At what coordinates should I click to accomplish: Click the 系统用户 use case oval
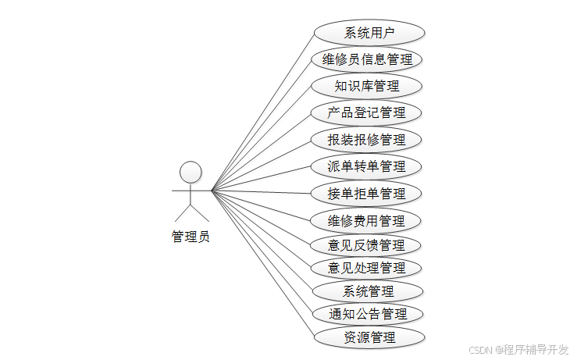pos(369,33)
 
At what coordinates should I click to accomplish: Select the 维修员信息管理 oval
pos(367,59)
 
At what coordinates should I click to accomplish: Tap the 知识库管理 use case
pos(367,86)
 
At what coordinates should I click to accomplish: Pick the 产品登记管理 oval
pos(367,112)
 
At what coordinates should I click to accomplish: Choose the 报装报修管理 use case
pos(367,140)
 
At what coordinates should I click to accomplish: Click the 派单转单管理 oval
pos(367,166)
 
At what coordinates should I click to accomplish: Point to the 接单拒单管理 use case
pos(367,193)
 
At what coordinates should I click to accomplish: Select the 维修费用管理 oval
pos(367,220)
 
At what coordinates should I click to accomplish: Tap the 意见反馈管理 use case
pos(367,245)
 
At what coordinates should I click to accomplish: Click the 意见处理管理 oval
pos(367,268)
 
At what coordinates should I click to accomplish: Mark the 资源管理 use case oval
pos(369,337)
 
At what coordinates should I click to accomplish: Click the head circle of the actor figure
pos(191,171)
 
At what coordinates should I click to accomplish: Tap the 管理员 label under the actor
pos(191,237)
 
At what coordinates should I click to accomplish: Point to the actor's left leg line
pos(183,213)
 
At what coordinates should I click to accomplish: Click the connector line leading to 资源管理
pos(262,263)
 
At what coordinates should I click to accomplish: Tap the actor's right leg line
pos(201,213)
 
